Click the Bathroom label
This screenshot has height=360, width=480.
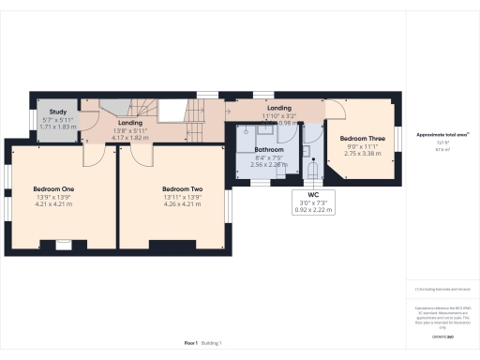pyautogui.click(x=270, y=149)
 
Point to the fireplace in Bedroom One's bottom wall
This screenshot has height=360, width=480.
pyautogui.click(x=63, y=246)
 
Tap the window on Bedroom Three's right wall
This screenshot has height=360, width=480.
pyautogui.click(x=394, y=137)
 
